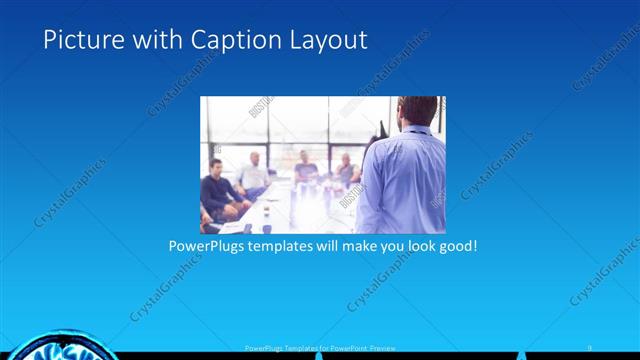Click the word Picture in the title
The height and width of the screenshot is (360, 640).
tap(77, 40)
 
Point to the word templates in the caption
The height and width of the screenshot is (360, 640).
tap(284, 245)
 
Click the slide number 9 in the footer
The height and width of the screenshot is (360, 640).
tap(590, 347)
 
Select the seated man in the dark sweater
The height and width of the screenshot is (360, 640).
tap(218, 190)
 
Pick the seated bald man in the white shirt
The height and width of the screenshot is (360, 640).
tap(254, 175)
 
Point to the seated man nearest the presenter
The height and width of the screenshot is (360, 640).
tap(346, 170)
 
